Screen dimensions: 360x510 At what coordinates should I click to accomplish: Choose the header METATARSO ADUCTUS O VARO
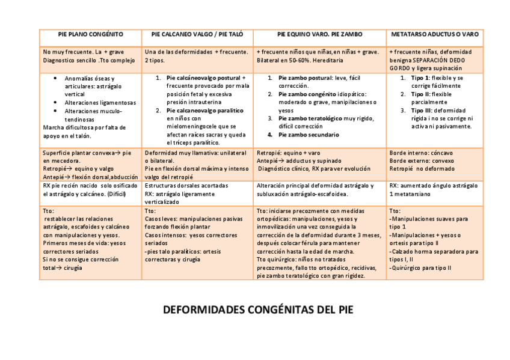[435, 35]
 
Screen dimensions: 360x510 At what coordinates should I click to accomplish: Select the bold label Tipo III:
[420, 111]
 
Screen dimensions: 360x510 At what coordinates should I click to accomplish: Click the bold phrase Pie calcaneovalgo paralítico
[204, 111]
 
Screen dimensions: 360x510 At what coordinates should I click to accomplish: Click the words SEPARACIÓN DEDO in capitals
[442, 60]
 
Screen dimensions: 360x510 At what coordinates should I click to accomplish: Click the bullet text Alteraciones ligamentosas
[100, 103]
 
